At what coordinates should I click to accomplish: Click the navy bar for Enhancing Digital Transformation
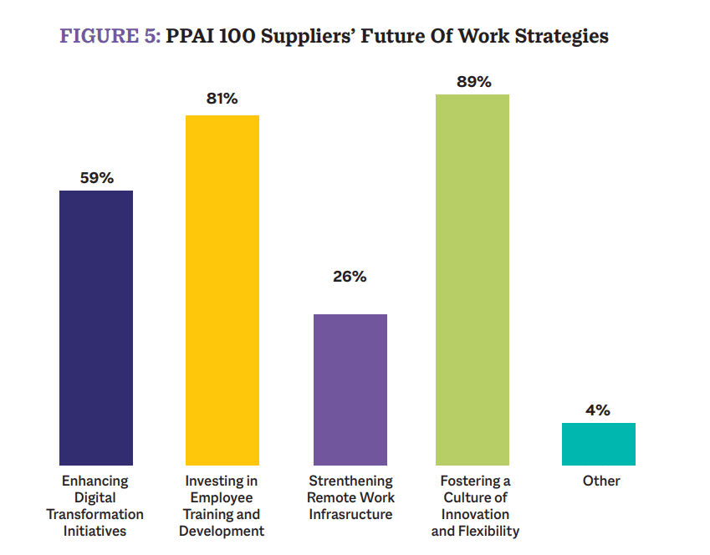[96, 328]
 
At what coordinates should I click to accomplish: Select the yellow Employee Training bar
[222, 290]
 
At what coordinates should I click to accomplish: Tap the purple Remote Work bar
[350, 390]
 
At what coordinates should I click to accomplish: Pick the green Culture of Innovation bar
[472, 279]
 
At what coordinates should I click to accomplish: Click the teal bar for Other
[598, 444]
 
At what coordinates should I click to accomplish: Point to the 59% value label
[96, 178]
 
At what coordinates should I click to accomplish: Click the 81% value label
[222, 99]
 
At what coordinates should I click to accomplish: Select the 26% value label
[350, 277]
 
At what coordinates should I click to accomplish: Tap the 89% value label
[473, 82]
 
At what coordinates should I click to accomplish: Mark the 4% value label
[598, 410]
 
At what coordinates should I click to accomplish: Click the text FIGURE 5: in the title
[110, 37]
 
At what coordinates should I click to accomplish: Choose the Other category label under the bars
[601, 481]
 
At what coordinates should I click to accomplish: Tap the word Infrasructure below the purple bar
[350, 515]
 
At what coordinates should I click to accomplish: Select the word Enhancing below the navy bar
[95, 481]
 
